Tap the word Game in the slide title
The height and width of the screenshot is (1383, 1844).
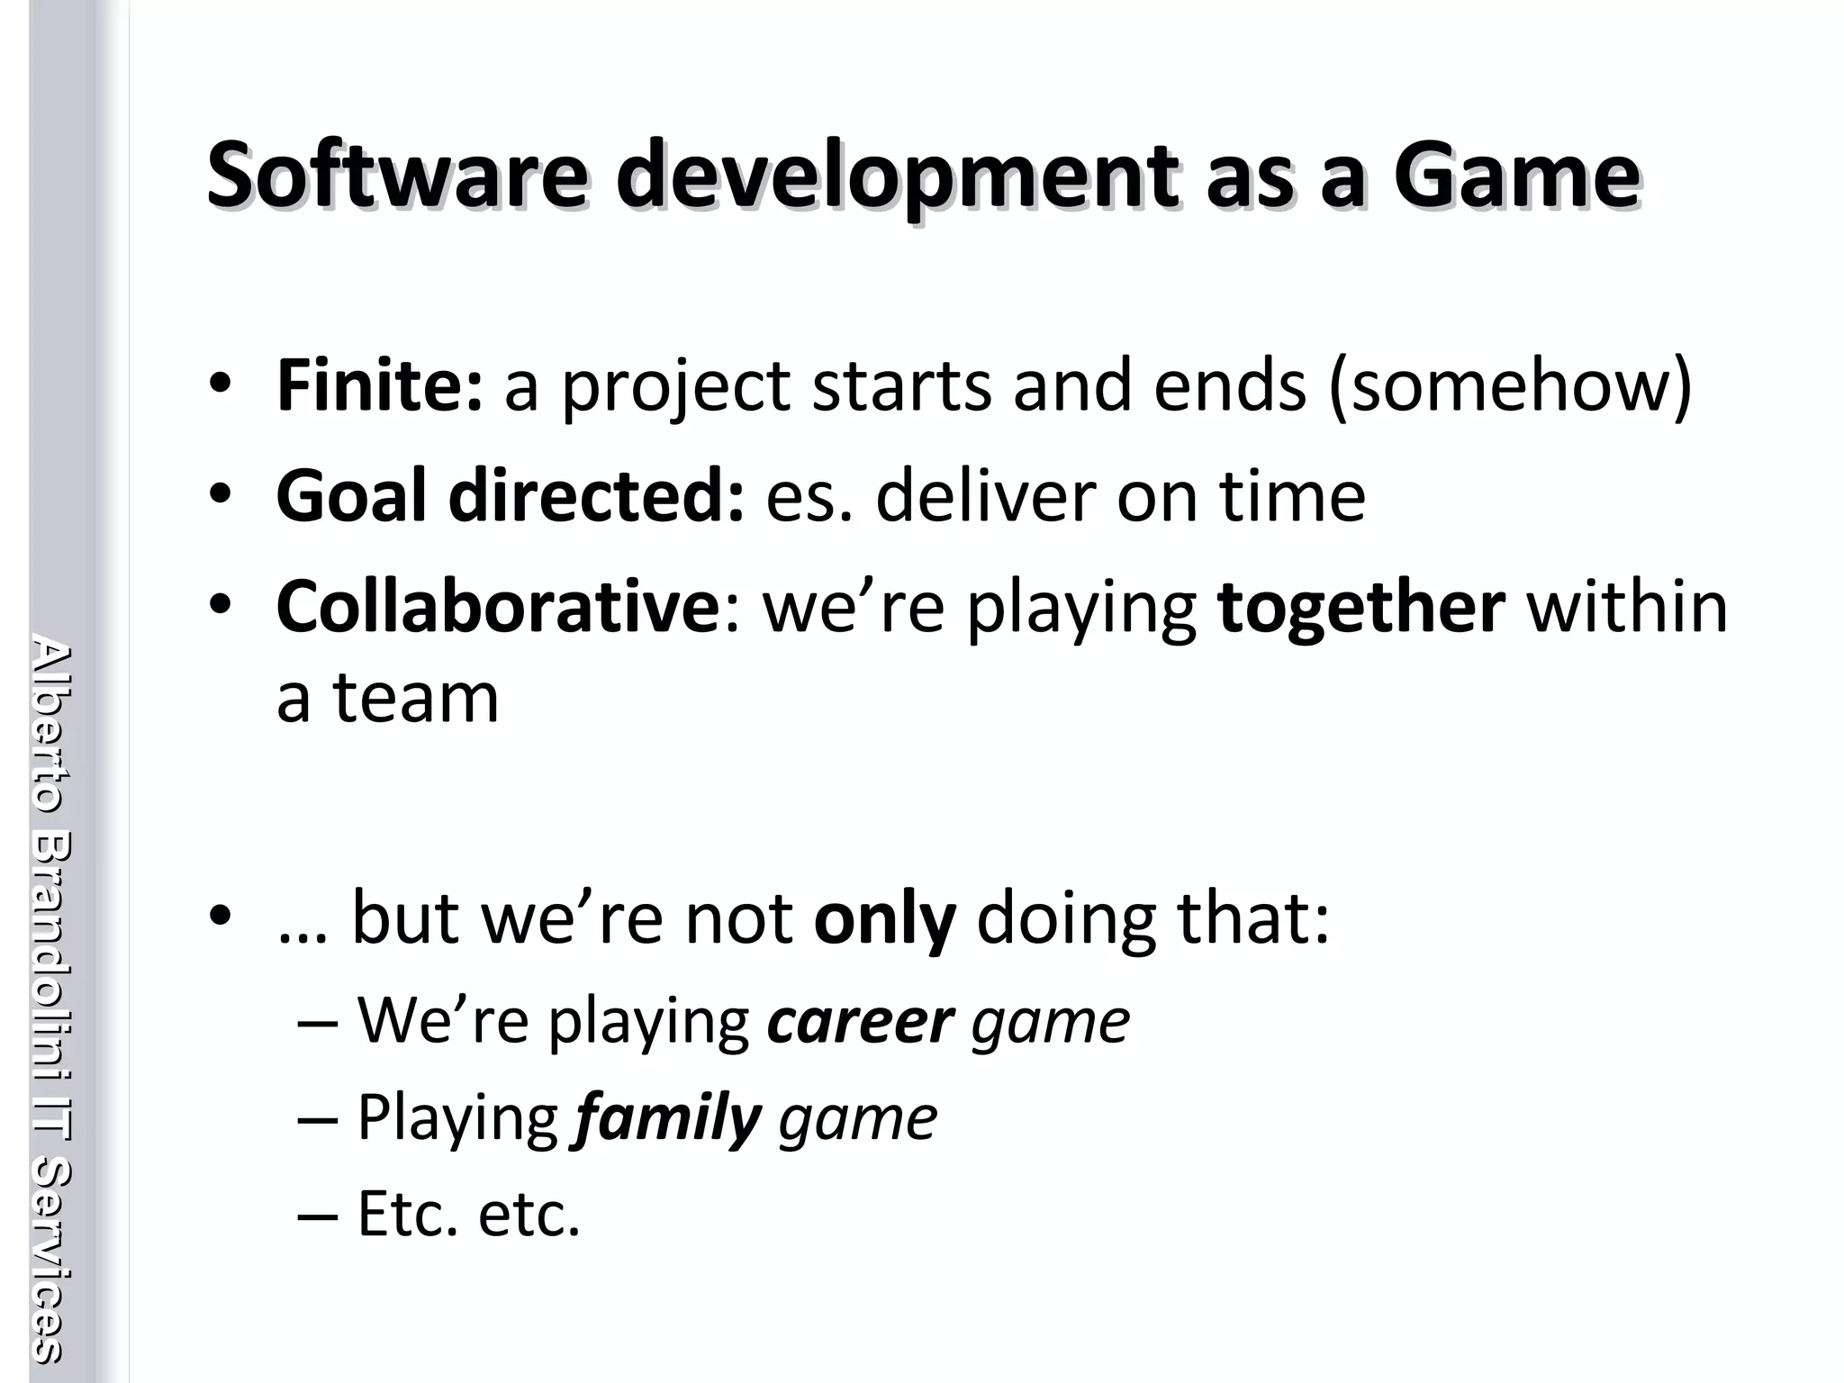(x=1515, y=176)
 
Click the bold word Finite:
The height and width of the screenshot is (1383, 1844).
(x=379, y=386)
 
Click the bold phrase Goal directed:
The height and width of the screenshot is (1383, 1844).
(x=510, y=497)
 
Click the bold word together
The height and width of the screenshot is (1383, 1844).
(x=1360, y=607)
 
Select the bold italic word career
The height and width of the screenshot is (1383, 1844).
(x=860, y=1022)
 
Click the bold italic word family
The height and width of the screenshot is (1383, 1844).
(x=667, y=1119)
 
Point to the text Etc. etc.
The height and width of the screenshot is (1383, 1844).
(x=468, y=1215)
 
